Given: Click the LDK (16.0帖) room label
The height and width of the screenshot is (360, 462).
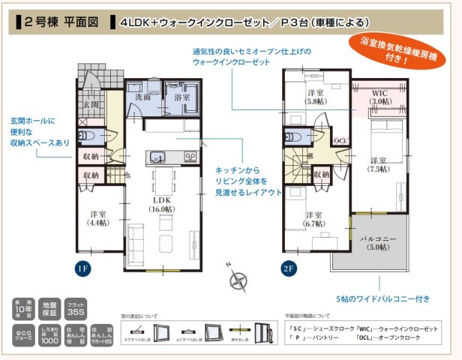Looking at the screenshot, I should (163, 204).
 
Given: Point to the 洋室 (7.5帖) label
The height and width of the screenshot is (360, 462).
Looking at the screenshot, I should (377, 165).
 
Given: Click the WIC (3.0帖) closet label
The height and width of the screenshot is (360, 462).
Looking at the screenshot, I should (378, 95).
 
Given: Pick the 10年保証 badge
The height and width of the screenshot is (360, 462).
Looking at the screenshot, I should (22, 308).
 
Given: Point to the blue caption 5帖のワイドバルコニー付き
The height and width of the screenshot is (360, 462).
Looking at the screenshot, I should (382, 299).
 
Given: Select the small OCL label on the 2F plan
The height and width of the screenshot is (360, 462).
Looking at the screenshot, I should (340, 140).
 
